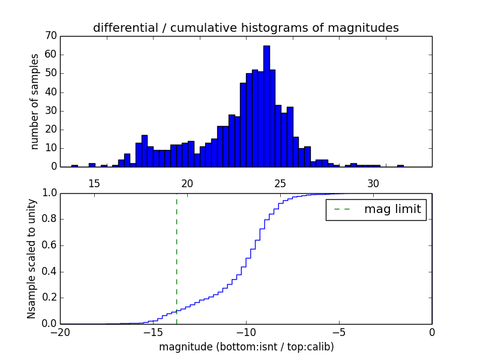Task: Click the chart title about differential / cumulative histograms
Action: point(245,28)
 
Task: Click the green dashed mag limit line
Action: point(176,258)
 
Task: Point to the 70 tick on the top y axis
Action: point(50,35)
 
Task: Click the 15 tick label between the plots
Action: point(94,183)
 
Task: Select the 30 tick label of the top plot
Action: point(373,183)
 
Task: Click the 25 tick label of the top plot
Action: point(280,183)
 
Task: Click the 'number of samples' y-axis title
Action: point(35,101)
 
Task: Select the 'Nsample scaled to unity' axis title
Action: point(32,259)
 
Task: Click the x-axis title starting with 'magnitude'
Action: point(246,347)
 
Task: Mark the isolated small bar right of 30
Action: point(400,166)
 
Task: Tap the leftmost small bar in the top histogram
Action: point(74,166)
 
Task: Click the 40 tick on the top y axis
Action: point(50,92)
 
